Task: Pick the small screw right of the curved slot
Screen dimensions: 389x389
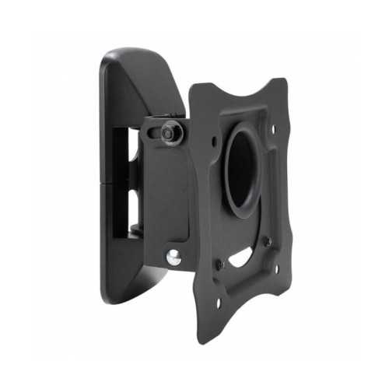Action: point(267,241)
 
